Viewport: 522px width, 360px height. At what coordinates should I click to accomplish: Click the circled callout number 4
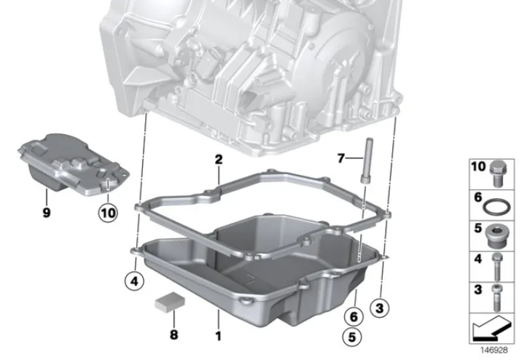(x=134, y=281)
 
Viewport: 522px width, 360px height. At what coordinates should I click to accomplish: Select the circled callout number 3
(x=380, y=308)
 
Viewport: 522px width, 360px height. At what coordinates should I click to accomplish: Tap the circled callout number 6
(x=354, y=316)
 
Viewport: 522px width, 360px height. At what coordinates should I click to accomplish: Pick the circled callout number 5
(x=352, y=337)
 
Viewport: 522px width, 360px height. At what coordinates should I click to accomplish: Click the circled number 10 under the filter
(x=108, y=213)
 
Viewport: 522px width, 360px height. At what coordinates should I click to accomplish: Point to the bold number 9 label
(x=47, y=212)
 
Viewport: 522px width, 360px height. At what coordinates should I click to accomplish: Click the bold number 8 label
(x=174, y=334)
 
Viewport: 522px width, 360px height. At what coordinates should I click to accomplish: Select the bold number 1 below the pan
(x=219, y=336)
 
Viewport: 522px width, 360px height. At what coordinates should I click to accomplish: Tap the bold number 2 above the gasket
(x=219, y=160)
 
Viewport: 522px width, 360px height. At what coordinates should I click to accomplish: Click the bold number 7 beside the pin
(x=340, y=158)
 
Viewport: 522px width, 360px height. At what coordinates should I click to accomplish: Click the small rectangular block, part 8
(x=169, y=302)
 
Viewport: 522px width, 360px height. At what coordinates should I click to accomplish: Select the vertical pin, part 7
(x=367, y=160)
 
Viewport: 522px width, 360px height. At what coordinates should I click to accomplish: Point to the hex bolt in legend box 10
(x=499, y=173)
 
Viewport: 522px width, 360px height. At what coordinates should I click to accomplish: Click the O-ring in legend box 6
(x=496, y=207)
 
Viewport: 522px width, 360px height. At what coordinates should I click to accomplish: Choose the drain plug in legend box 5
(x=497, y=236)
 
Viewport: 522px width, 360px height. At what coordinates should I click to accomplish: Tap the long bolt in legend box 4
(x=497, y=266)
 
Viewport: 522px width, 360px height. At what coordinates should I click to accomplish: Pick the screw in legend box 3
(x=497, y=297)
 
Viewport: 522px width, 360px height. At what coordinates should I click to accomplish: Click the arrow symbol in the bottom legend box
(x=491, y=328)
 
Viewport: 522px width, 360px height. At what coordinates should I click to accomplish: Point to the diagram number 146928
(x=494, y=350)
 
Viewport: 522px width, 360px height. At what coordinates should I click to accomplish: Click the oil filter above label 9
(x=73, y=165)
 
